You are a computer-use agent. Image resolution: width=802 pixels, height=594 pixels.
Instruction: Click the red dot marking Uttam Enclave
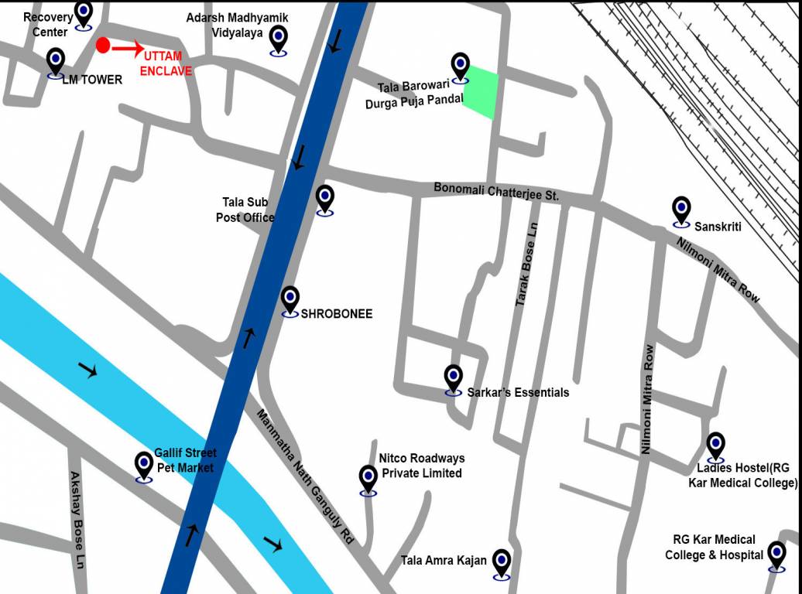tap(102, 45)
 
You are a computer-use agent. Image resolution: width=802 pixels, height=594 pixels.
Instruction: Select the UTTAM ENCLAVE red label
tap(166, 63)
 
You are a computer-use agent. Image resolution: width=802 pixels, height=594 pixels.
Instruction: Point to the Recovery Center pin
tap(84, 13)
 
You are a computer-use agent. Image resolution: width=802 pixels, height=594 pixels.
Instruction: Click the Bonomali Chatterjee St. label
tap(496, 191)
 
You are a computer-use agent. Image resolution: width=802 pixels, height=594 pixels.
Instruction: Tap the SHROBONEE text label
tap(337, 314)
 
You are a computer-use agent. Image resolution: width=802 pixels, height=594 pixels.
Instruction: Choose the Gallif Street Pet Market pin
tap(144, 465)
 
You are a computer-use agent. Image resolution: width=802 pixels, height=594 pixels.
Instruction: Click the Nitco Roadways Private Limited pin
tap(368, 477)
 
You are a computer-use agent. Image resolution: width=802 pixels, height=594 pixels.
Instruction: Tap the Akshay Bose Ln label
tap(76, 521)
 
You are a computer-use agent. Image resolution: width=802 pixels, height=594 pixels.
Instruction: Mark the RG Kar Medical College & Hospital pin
tap(776, 554)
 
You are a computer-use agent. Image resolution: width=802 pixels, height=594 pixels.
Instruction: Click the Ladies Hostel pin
tap(716, 445)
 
